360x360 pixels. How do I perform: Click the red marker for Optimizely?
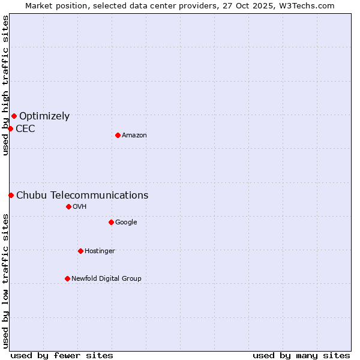pos(14,116)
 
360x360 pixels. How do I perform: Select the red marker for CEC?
pos(10,128)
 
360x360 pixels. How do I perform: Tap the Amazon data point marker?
pos(118,135)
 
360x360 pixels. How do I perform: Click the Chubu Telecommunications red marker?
pos(11,195)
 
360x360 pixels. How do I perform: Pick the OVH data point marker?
pos(68,206)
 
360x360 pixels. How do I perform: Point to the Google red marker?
pos(111,222)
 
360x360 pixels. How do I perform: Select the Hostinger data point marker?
pos(80,251)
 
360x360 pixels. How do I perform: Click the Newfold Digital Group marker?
pos(67,278)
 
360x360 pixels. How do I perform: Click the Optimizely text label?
pos(44,116)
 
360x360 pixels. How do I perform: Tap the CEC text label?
pos(25,128)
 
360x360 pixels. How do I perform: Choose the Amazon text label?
pos(134,136)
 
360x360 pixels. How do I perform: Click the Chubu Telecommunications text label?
pos(82,195)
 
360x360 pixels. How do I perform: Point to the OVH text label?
pos(80,207)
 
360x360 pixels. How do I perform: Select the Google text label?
pos(126,223)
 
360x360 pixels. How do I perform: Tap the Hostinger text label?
pos(100,251)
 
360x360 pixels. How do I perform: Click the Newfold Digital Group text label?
pos(106,278)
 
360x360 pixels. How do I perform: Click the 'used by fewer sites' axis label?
pos(62,355)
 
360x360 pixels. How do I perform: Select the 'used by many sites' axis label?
pos(301,355)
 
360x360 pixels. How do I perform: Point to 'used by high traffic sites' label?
pos(5,85)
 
